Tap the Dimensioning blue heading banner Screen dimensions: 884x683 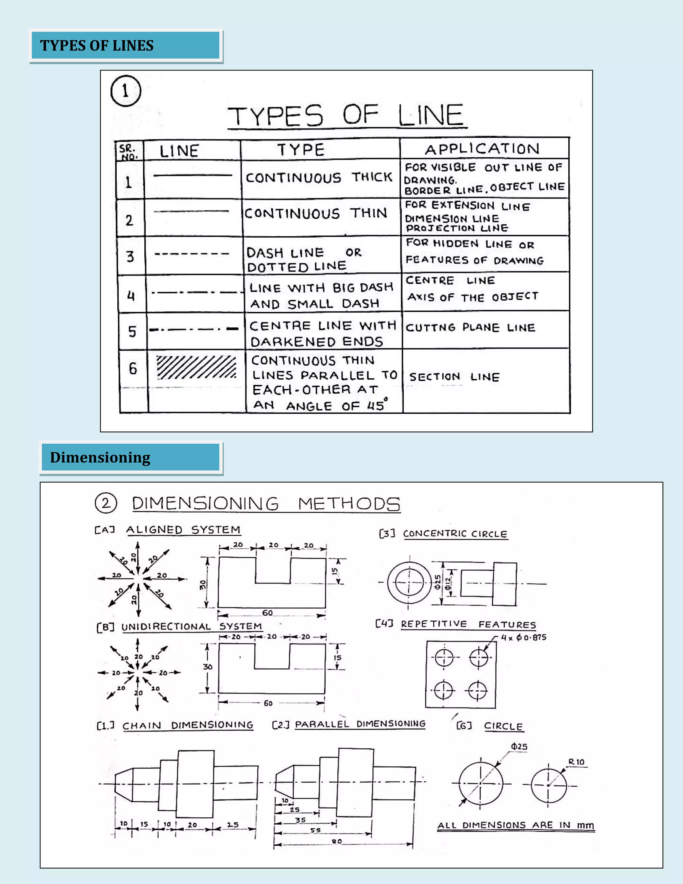131,457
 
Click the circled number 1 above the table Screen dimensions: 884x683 125,91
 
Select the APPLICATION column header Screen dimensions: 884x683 482,149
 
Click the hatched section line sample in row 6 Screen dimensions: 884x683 196,368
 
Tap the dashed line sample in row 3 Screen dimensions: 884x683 192,254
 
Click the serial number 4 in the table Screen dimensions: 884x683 131,296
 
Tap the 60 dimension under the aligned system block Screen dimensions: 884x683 267,613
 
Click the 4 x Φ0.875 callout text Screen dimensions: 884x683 524,637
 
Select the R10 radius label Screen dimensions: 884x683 576,762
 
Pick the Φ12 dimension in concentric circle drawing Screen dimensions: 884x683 448,583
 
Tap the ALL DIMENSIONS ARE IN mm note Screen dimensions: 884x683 516,825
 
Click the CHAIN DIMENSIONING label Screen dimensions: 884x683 188,725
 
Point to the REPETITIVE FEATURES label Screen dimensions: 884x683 468,624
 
